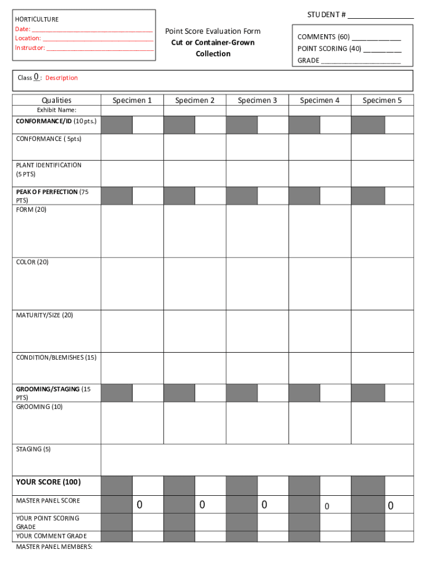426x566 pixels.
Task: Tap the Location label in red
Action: [28, 38]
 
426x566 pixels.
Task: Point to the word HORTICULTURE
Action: [37, 19]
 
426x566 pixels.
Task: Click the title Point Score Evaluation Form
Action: [212, 31]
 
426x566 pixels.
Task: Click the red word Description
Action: [61, 78]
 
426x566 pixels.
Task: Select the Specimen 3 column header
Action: [257, 100]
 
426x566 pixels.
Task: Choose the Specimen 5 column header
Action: [382, 100]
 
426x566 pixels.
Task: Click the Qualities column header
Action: [56, 100]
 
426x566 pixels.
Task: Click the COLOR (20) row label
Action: [32, 262]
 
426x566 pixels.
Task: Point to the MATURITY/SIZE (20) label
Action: [44, 315]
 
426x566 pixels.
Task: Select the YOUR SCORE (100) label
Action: [48, 482]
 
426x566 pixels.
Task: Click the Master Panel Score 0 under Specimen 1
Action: [140, 505]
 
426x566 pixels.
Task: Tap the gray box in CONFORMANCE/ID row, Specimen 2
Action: [179, 125]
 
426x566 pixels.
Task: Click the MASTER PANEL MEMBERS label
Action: [54, 547]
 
